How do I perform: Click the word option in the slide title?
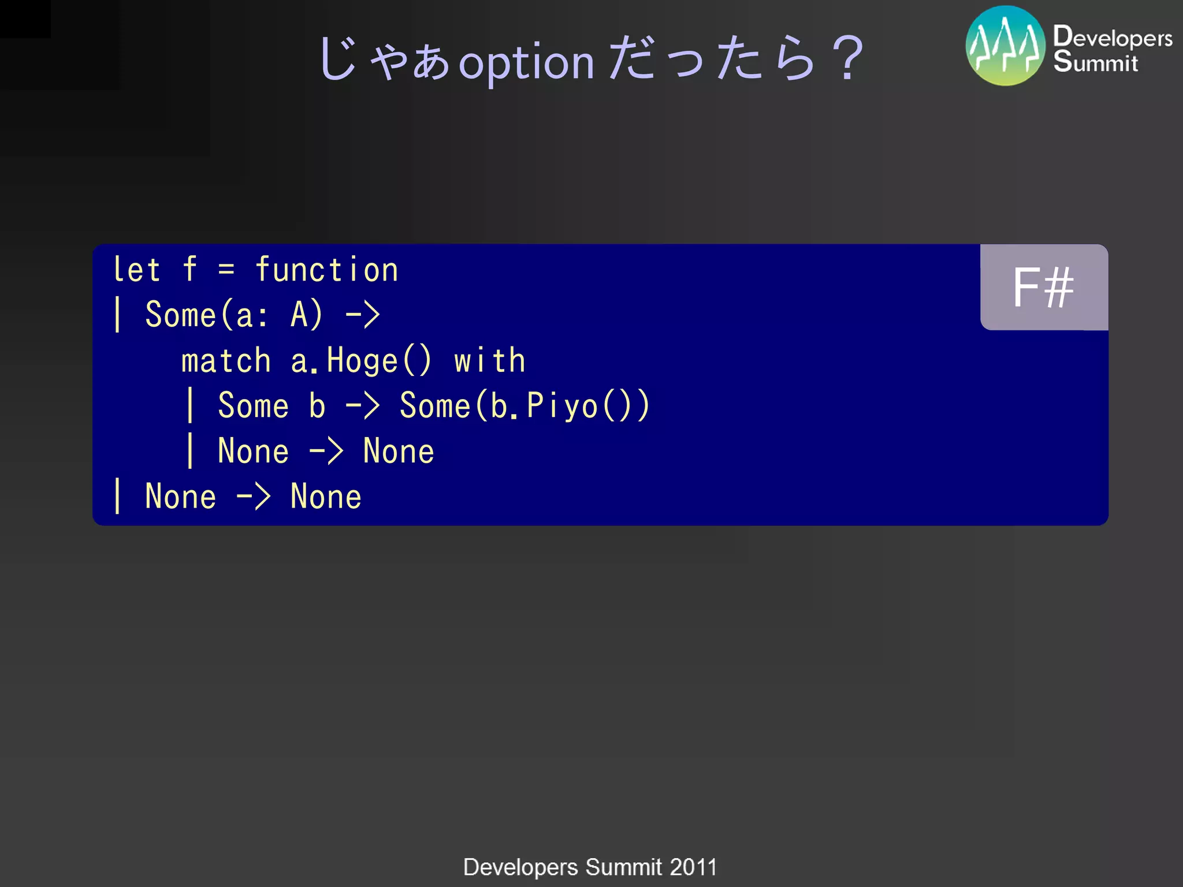pos(526,62)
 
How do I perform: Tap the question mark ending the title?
pos(847,58)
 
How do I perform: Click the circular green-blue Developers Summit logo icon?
pos(1005,46)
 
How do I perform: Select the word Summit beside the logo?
pos(1095,62)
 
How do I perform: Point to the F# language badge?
pos(1043,288)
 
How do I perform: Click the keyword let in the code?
pos(136,270)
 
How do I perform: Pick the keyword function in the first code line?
pos(327,270)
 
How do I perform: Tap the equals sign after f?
pos(226,270)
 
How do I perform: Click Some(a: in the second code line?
pos(206,315)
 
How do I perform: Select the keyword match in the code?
pos(226,361)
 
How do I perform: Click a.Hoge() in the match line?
pos(360,361)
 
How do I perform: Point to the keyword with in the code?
pos(490,361)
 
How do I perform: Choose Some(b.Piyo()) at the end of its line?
pos(524,405)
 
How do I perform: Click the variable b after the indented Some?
pos(317,405)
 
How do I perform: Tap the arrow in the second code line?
pos(362,315)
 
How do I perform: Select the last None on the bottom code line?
pos(326,497)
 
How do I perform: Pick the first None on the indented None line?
pos(253,451)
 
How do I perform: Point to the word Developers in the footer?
pos(520,867)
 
